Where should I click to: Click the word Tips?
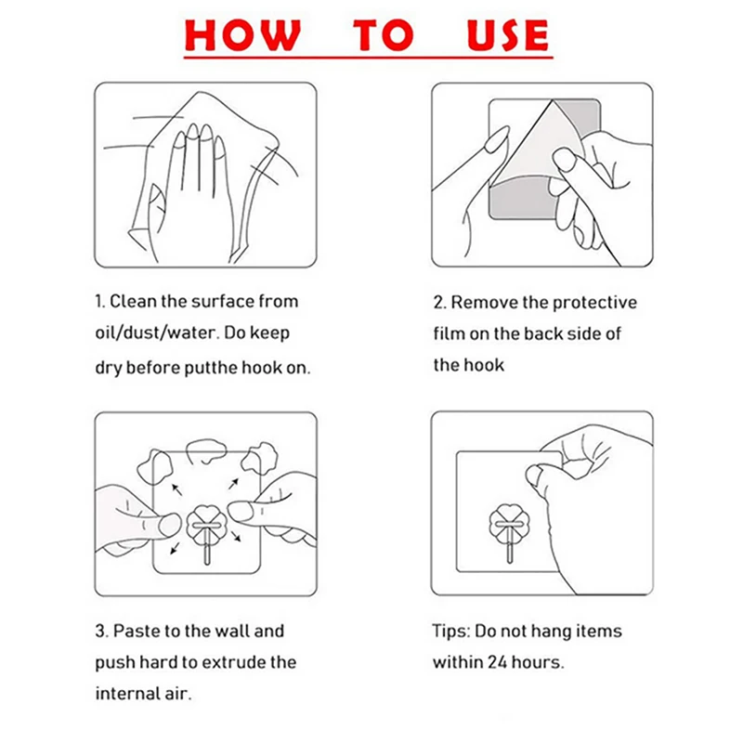pos(451,632)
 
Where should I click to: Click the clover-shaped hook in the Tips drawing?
pos(509,524)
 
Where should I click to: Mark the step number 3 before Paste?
pos(100,632)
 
